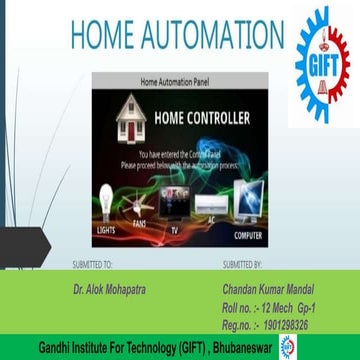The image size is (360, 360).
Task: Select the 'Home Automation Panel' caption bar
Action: [179, 79]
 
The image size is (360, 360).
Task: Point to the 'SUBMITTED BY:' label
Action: [241, 265]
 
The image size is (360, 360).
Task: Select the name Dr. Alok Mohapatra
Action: [107, 285]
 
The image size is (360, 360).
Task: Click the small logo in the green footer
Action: [290, 345]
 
